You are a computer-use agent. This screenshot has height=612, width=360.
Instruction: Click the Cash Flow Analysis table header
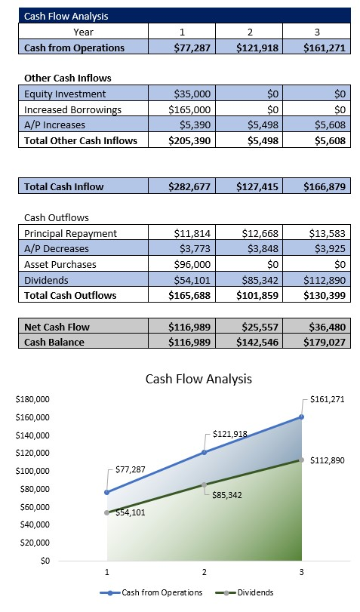tap(56, 16)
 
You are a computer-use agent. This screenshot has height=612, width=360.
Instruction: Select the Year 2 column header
tap(248, 32)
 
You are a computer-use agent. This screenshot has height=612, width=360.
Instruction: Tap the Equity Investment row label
tap(65, 94)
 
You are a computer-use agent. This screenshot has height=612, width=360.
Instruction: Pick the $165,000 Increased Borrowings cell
tap(194, 109)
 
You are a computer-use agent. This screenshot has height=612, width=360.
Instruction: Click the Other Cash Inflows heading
tap(67, 78)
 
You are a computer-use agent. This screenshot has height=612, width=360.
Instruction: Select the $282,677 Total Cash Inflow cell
tap(194, 186)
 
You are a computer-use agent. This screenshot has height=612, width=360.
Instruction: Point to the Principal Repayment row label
tap(70, 233)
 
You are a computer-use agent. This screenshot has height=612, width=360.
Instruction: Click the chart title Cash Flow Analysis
tap(198, 378)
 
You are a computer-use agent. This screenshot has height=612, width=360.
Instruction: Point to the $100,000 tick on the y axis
tap(32, 471)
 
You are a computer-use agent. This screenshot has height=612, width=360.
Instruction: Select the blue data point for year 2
tap(204, 452)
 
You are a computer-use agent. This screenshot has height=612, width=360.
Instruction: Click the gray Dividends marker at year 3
tap(301, 460)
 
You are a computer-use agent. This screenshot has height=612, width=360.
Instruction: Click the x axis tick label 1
tap(107, 572)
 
